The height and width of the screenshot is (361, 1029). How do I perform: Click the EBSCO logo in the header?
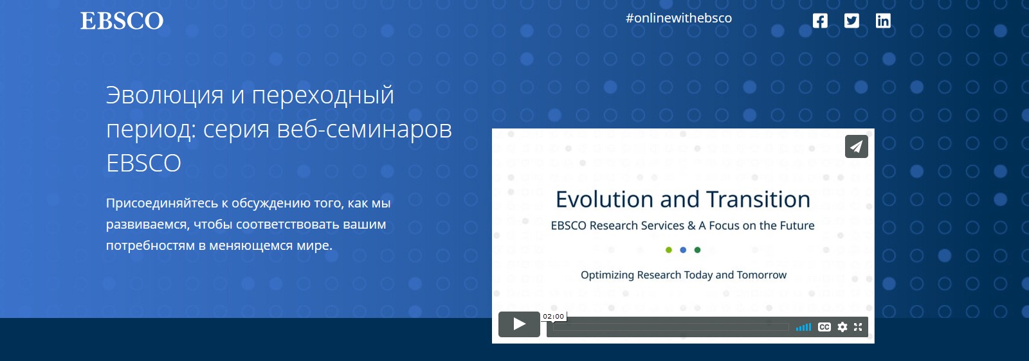122,21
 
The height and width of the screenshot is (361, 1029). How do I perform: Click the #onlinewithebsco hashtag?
678,19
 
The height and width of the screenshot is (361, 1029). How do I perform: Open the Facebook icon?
820,21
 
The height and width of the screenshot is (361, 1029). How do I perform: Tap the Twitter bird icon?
851,21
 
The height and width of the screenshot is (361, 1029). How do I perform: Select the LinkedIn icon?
883,21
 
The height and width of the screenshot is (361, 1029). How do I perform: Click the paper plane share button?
856,146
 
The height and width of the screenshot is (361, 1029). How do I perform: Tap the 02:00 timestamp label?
553,316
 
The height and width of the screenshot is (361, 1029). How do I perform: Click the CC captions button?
824,327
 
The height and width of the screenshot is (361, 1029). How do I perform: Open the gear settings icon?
842,327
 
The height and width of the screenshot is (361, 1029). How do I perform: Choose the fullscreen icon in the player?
858,327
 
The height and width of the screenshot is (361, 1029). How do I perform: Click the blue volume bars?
803,327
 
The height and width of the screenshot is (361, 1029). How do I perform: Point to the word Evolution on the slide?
605,200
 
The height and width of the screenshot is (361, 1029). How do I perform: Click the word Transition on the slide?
758,200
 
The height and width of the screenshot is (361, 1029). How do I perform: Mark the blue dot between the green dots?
683,250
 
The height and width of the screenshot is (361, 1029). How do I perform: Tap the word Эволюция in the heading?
165,96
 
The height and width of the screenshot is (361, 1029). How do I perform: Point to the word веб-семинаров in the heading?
365,130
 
